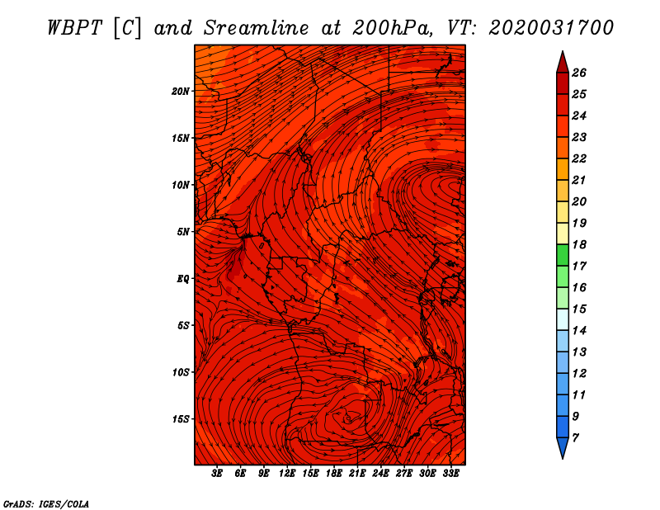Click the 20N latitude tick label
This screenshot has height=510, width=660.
click(x=181, y=91)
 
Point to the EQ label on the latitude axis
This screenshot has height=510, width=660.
click(x=183, y=279)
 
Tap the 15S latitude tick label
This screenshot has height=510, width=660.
click(x=181, y=419)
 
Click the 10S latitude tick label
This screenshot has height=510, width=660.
click(x=181, y=372)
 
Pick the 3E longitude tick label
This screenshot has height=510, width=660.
click(x=218, y=475)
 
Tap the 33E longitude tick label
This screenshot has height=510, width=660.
click(x=451, y=475)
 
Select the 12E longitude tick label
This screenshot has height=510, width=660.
click(x=288, y=475)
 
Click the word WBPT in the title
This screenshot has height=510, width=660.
click(x=72, y=27)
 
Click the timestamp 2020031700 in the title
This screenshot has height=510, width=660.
click(x=550, y=27)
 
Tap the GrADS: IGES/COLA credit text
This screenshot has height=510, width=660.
click(x=46, y=503)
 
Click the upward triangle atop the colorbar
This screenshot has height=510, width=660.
click(x=562, y=61)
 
